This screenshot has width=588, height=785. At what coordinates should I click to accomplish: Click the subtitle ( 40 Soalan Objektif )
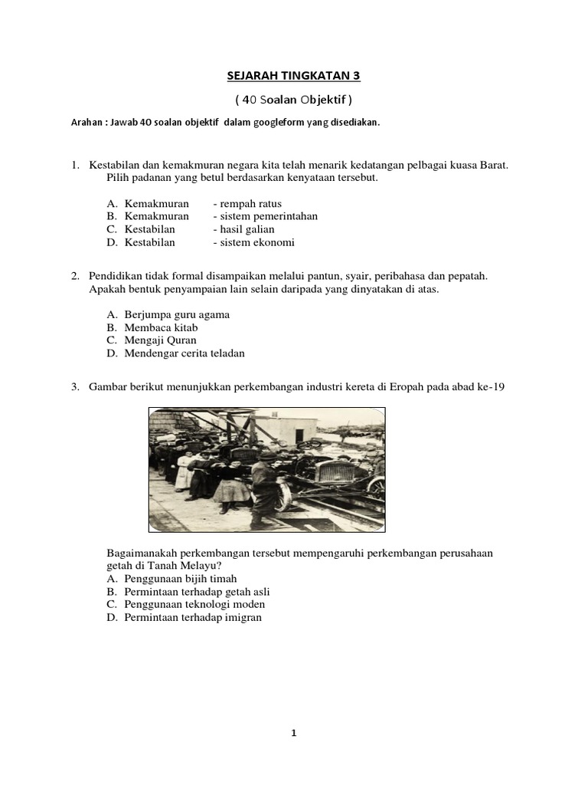293,100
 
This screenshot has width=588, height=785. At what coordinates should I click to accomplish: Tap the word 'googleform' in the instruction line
263,123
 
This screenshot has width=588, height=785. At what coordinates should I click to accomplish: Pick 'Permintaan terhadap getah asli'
197,592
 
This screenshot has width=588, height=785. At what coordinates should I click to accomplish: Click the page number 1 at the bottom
293,733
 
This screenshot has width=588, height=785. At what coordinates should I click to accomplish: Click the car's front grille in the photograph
335,473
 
